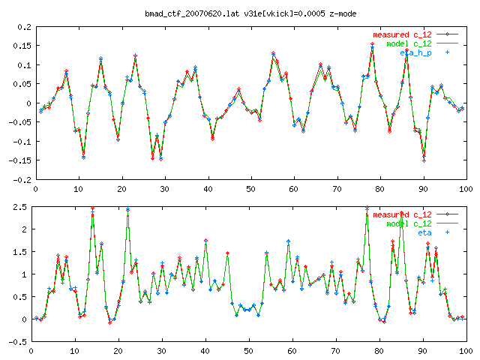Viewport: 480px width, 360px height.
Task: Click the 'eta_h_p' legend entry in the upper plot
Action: tap(415, 53)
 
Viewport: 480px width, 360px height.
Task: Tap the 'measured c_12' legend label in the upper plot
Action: tap(401, 34)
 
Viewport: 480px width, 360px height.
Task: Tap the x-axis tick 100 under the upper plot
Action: tap(466, 188)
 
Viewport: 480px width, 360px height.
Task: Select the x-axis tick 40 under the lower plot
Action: tap(204, 350)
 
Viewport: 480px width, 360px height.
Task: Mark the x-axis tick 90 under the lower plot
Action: tap(422, 350)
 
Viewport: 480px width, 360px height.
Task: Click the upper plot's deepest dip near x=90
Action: tap(424, 160)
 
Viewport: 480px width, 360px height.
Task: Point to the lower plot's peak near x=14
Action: tap(92, 208)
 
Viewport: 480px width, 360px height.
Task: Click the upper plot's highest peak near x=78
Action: tap(372, 45)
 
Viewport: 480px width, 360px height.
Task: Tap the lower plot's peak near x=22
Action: tap(127, 209)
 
